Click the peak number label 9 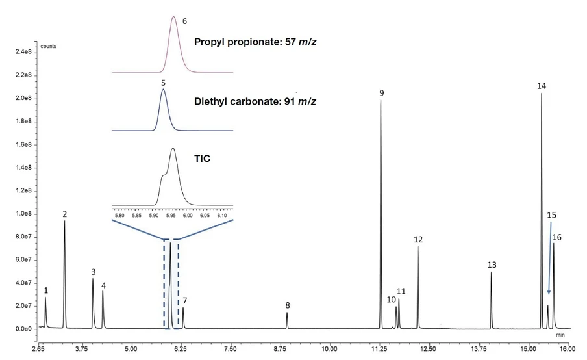pyautogui.click(x=382, y=94)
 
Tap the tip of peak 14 pyautogui.click(x=542, y=94)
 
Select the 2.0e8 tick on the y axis pyautogui.click(x=25, y=98)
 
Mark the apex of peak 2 pyautogui.click(x=64, y=222)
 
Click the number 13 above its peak pyautogui.click(x=492, y=265)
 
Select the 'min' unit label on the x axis pyautogui.click(x=560, y=337)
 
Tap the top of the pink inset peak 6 pyautogui.click(x=173, y=17)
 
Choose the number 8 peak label pyautogui.click(x=287, y=305)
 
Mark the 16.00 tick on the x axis pyautogui.click(x=568, y=350)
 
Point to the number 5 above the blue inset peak pyautogui.click(x=163, y=83)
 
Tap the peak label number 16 pyautogui.click(x=557, y=238)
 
